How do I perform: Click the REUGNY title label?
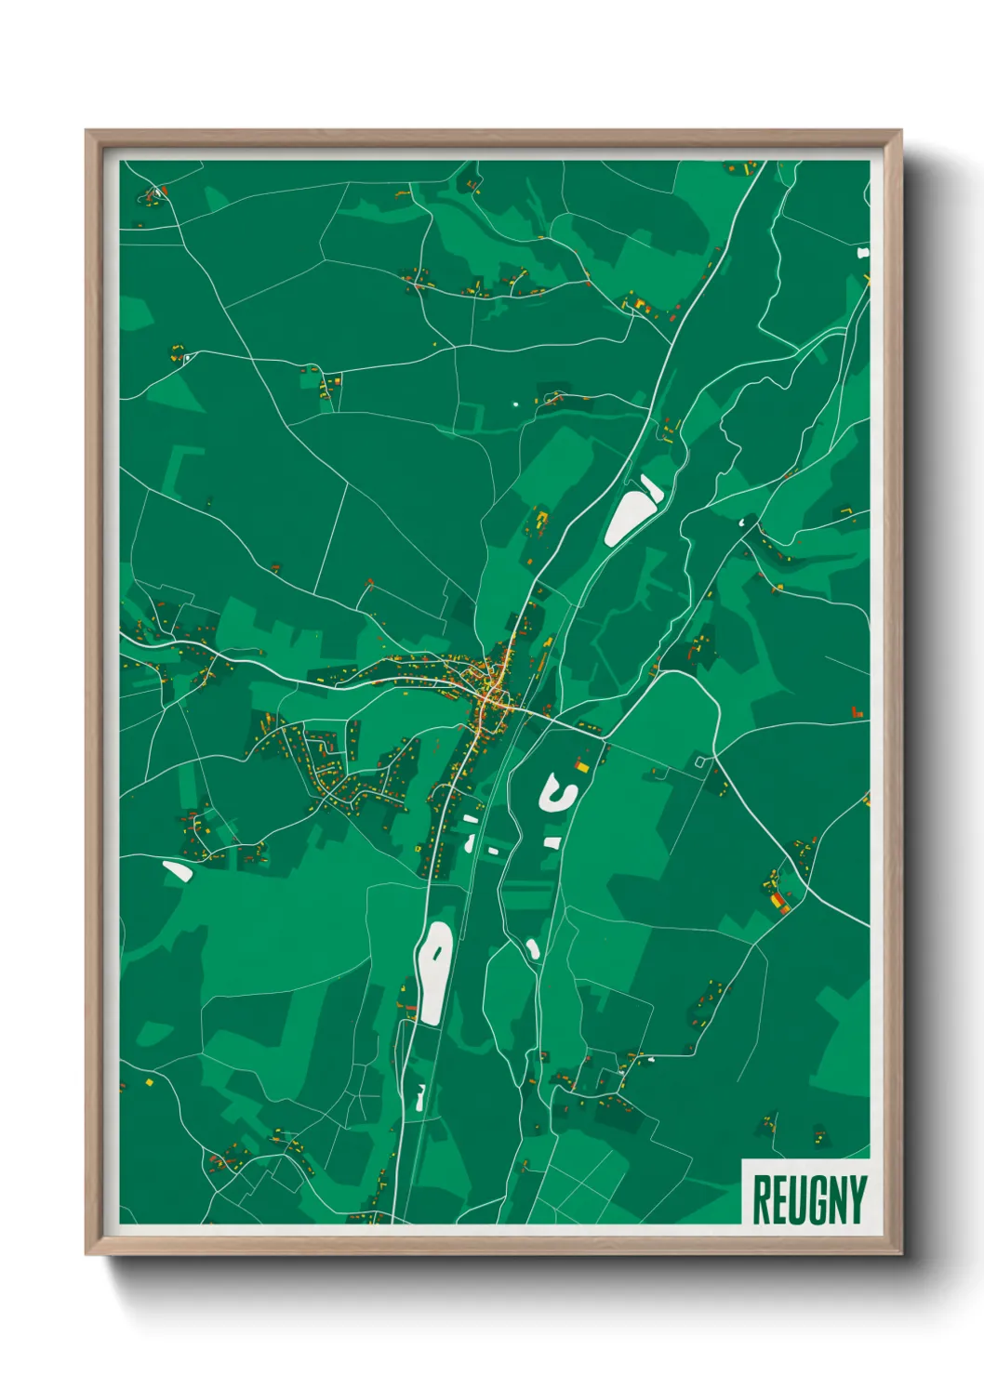tap(807, 1200)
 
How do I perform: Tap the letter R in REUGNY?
tap(761, 1200)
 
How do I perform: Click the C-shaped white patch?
tap(555, 793)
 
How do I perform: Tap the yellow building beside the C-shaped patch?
tap(583, 766)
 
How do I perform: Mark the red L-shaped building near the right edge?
tap(857, 712)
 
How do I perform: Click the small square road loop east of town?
tap(700, 762)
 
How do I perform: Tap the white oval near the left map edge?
tap(177, 871)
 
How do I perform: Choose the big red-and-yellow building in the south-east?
tap(777, 901)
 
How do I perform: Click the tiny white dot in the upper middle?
tap(515, 404)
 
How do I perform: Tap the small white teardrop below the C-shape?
tap(533, 949)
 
